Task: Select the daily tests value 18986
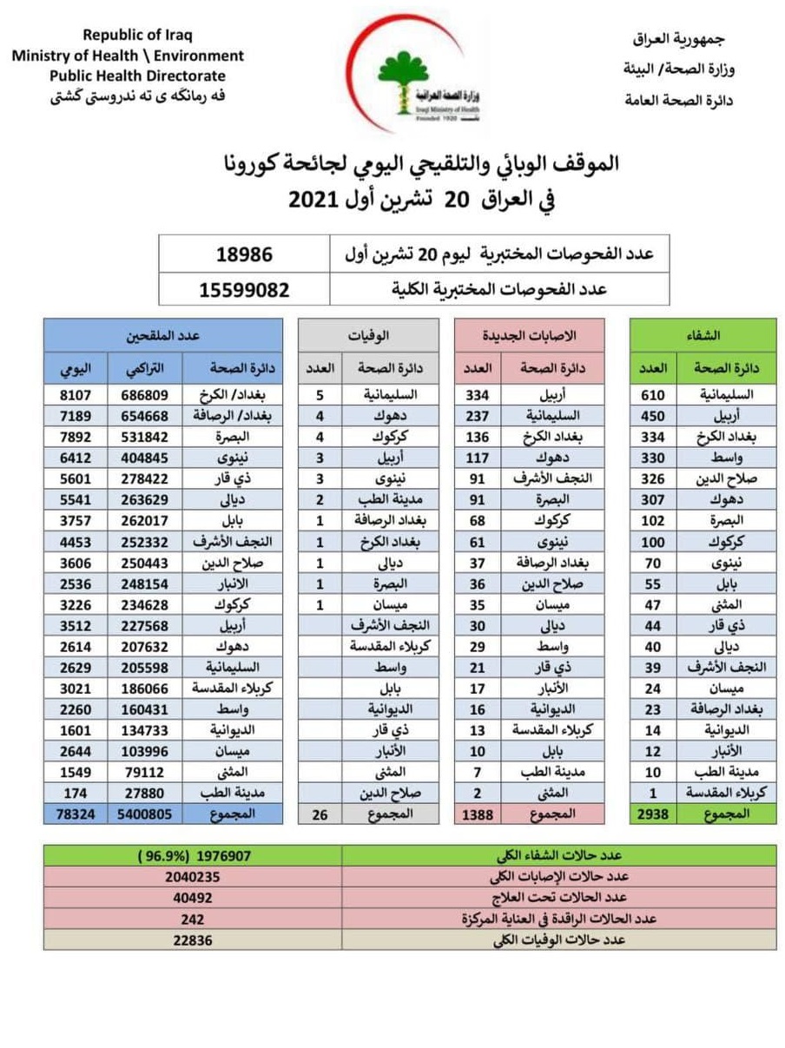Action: click(x=244, y=255)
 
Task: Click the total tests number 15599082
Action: click(x=244, y=289)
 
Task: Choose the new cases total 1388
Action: click(x=478, y=813)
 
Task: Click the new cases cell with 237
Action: click(x=478, y=415)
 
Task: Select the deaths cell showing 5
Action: click(x=320, y=394)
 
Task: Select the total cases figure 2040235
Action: click(x=193, y=876)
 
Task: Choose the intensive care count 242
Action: click(x=193, y=919)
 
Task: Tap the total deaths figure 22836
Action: click(x=193, y=939)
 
